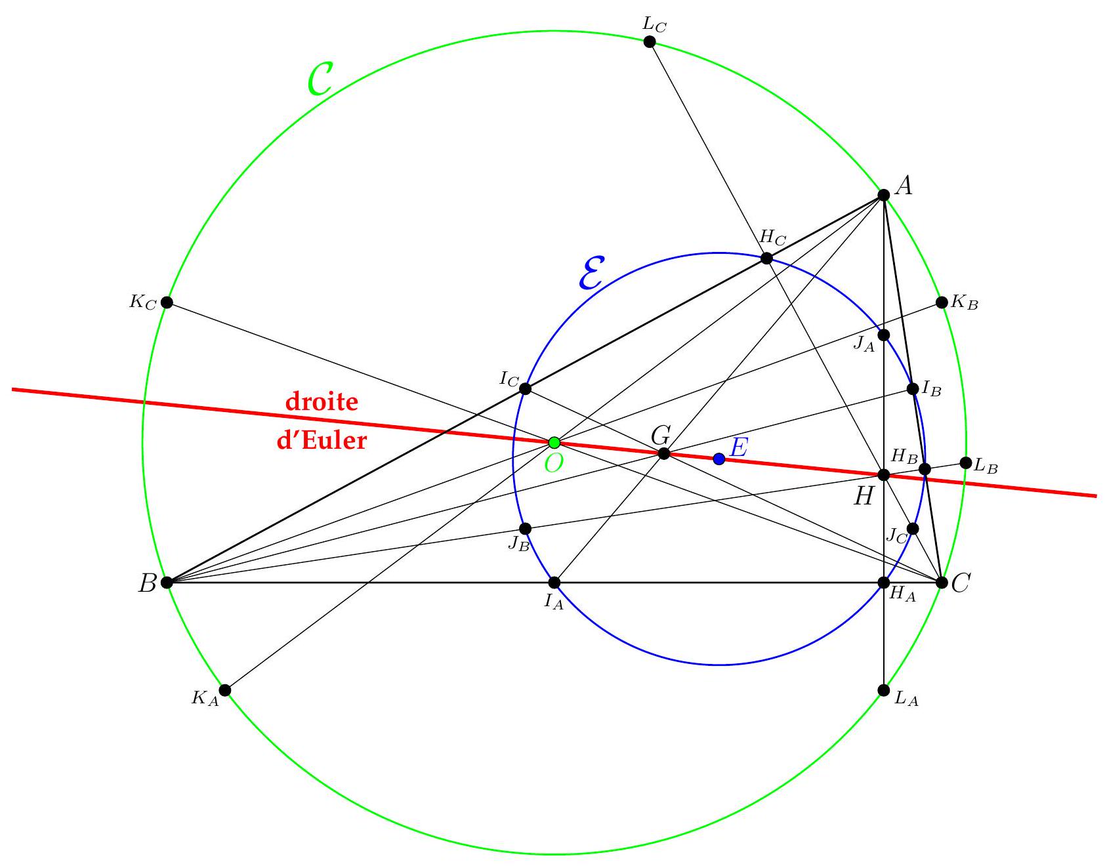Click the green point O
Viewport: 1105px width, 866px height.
tap(554, 442)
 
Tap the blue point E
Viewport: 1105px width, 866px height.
tap(719, 459)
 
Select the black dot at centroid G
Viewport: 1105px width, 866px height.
tap(664, 453)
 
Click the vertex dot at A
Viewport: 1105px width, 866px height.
tap(884, 195)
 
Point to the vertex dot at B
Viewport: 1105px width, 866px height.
tap(167, 582)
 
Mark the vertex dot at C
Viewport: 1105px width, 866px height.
tap(942, 582)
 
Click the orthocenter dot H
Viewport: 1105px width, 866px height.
tap(884, 475)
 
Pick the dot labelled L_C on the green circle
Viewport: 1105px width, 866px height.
tap(650, 42)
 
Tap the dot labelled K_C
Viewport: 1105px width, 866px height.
tap(167, 302)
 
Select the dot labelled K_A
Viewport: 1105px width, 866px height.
tap(225, 690)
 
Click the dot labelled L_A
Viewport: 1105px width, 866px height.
tap(884, 690)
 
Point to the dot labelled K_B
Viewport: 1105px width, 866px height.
tap(942, 302)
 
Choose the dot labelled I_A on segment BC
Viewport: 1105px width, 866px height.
tap(554, 582)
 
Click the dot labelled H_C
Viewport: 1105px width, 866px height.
tap(766, 258)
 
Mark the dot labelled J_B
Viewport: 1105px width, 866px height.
tap(525, 529)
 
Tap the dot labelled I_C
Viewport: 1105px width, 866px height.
tap(525, 389)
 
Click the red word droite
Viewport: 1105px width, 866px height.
tap(322, 402)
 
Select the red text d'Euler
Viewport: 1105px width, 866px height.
tap(322, 439)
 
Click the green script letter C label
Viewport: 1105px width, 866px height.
tap(322, 80)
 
